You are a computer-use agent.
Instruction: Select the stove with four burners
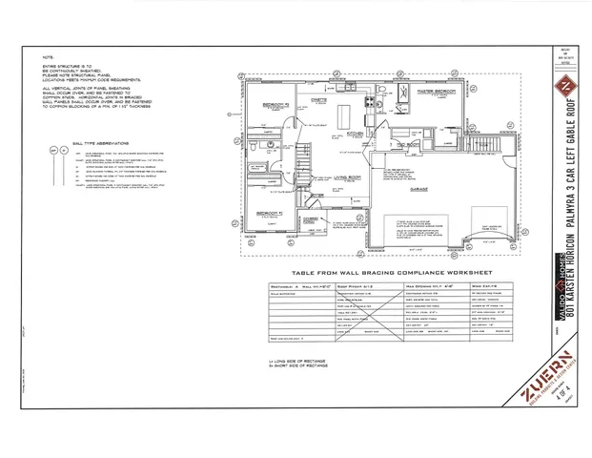click(369, 98)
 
